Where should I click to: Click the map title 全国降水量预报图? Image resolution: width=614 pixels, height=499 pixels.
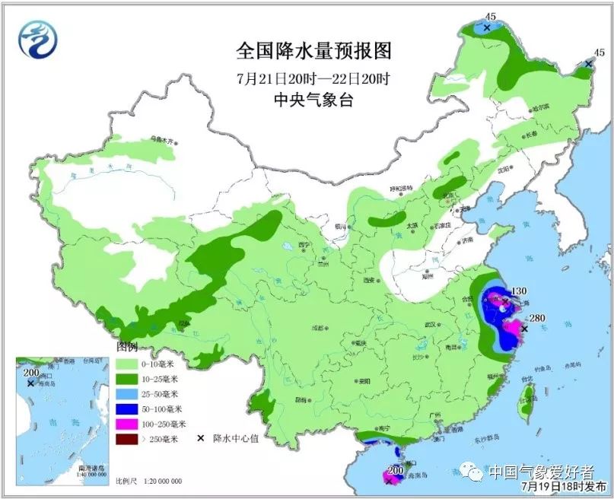pos(313,52)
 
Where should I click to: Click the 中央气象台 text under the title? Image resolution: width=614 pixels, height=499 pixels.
pos(313,100)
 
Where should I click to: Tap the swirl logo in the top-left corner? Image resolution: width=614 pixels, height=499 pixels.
pos(38,40)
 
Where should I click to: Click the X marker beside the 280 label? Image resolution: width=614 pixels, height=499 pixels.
pos(524,329)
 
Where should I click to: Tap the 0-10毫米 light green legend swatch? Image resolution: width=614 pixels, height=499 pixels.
pos(130,364)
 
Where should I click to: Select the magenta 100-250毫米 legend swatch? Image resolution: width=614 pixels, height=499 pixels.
pos(130,424)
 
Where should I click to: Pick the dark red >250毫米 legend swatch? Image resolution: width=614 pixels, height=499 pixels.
pos(130,439)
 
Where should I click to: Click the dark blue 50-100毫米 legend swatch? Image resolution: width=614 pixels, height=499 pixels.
pos(130,409)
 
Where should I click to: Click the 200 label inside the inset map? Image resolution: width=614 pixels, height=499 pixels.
pos(30,372)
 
